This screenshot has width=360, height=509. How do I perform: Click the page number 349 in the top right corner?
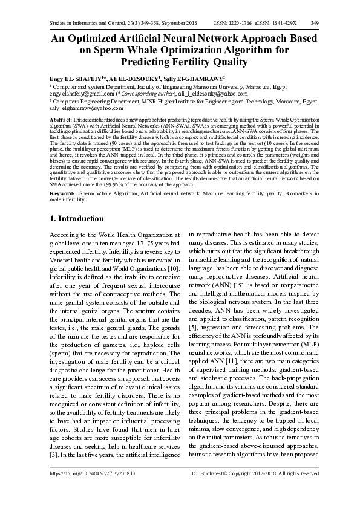315,23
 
